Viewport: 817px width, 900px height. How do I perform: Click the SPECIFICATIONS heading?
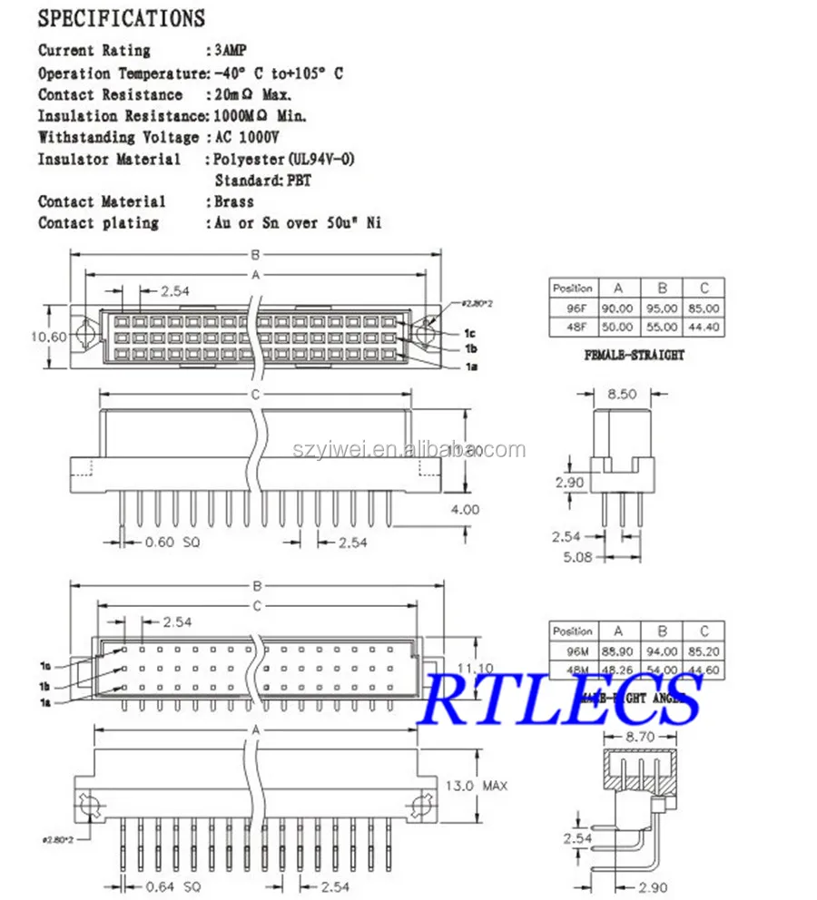122,18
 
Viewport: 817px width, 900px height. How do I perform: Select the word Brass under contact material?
234,201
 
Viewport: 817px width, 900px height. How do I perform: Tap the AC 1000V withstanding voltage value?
244,137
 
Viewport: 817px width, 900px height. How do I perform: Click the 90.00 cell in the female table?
617,308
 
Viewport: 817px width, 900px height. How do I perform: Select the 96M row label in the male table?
573,651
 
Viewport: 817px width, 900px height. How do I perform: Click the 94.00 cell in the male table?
662,651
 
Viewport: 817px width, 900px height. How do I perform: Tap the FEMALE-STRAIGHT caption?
635,355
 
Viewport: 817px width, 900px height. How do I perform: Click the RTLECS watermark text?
563,699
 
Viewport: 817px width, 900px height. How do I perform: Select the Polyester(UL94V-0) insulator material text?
284,159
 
